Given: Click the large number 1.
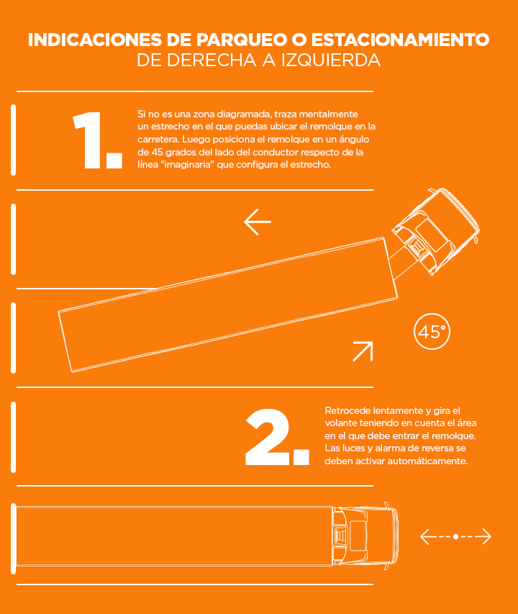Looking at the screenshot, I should click(96, 141).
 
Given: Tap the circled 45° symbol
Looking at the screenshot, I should click(432, 332).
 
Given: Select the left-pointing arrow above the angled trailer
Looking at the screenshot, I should click(258, 222).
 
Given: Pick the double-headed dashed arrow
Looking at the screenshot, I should click(455, 536).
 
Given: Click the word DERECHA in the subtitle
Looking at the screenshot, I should click(212, 60).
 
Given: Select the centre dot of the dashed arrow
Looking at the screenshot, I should click(455, 536).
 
